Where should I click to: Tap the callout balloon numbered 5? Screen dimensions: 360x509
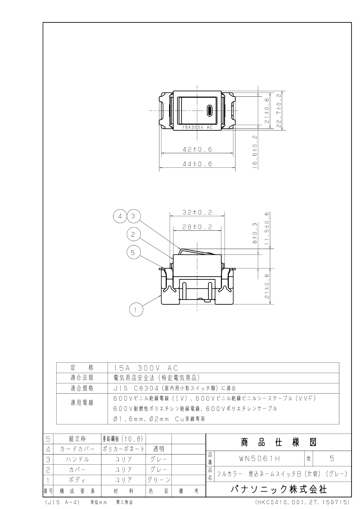pos(133,252)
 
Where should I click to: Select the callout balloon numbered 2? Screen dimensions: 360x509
pos(133,234)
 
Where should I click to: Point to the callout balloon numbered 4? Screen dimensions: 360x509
pos(120,216)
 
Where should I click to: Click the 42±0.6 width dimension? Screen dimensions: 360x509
pos(197,149)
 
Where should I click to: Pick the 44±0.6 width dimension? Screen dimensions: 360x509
pos(197,164)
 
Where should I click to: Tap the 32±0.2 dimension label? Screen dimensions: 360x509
pos(197,212)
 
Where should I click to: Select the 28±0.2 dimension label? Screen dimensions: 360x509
pos(197,227)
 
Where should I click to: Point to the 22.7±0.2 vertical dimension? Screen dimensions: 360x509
pos(279,111)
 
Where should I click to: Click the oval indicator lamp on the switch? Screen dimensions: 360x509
pos(209,110)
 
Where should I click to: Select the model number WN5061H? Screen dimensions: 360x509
pos(260,459)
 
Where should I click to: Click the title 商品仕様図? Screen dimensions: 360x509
pos(279,443)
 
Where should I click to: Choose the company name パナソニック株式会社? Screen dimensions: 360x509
pos(279,490)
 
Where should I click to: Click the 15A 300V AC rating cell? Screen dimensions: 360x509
pos(146,368)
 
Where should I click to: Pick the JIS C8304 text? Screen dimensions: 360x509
pos(136,388)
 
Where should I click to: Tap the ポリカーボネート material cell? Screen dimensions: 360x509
pos(124,449)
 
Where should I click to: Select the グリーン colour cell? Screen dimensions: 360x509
pos(159,480)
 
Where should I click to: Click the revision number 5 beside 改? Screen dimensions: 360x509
pos(332,459)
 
